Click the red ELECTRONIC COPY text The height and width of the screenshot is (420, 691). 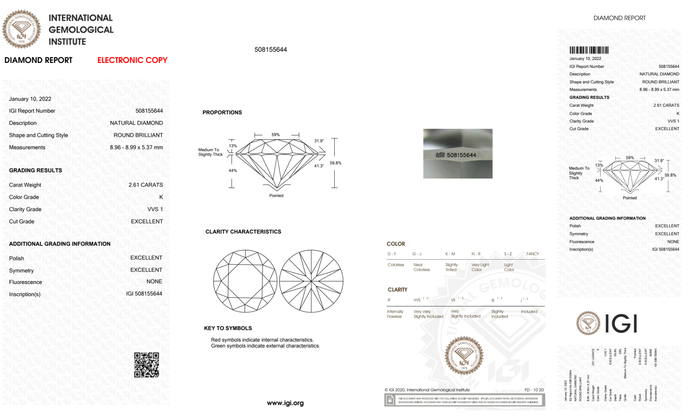pos(132,60)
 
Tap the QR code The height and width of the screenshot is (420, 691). pos(146,365)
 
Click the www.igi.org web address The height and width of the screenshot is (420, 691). pos(285,403)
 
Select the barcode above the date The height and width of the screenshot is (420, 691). pos(589,50)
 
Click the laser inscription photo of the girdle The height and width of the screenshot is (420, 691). pos(458,154)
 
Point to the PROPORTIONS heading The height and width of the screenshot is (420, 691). pos(222,113)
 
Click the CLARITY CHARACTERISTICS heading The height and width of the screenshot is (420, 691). pos(243,232)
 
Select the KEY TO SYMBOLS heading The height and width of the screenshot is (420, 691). pos(228,328)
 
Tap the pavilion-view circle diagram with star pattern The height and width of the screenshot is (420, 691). pos(311,281)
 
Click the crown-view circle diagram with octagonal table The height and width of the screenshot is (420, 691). pos(245,281)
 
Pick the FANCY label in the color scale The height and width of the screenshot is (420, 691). pos(532,254)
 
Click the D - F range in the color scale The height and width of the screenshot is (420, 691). pos(392,254)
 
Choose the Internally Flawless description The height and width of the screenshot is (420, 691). pos(395,314)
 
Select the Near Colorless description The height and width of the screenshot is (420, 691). pos(422,267)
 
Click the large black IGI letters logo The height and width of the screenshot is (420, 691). pos(621,324)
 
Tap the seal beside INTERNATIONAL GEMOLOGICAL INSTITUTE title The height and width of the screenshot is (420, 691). pos(21,29)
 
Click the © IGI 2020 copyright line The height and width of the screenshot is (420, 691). pos(427,390)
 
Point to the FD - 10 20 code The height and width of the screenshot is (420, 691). pos(534,390)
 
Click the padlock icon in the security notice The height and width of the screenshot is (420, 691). pos(390,400)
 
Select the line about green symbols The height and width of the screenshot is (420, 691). pos(265,346)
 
